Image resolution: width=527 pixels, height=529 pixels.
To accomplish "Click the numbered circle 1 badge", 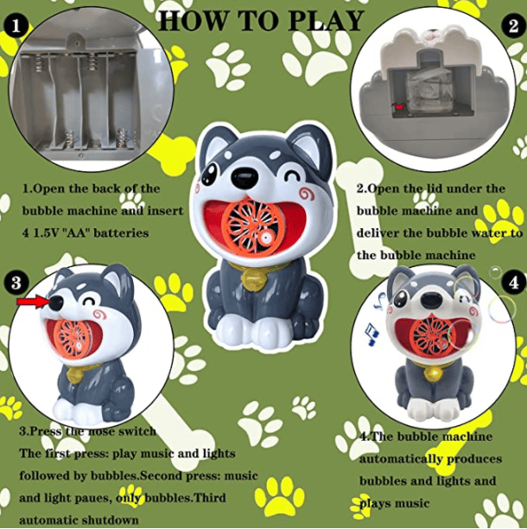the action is click(x=16, y=26).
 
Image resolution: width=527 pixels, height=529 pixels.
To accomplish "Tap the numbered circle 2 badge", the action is click(x=513, y=26).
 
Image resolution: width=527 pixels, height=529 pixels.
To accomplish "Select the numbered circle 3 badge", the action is click(x=16, y=282).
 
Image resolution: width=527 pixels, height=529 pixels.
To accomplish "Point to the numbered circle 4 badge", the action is click(x=513, y=282).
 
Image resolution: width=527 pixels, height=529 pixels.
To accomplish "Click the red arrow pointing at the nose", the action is click(x=33, y=302).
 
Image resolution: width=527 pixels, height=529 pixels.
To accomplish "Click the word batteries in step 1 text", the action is click(x=120, y=233).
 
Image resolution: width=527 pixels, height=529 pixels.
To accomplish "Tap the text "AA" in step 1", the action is click(x=77, y=233).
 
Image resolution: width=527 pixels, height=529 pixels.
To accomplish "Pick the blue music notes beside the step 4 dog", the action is click(x=374, y=320).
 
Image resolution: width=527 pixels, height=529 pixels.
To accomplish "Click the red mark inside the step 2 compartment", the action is click(x=399, y=106).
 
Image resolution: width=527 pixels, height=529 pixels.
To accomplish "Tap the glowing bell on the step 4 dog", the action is click(x=434, y=373).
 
